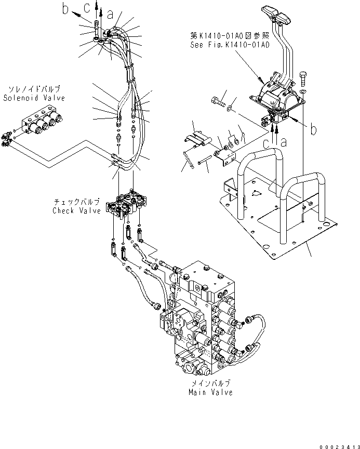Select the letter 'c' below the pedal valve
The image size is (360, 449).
(266, 142)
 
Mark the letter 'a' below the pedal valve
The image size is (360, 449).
(283, 141)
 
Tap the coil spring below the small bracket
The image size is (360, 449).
(190, 159)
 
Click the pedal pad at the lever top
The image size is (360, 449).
(276, 14)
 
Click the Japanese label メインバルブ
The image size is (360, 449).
(210, 384)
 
